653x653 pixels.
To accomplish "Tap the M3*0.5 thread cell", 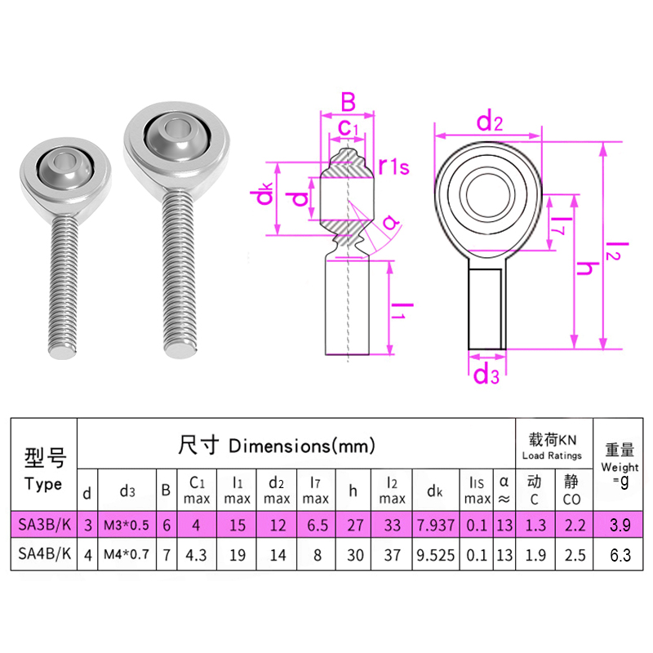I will pos(127,525).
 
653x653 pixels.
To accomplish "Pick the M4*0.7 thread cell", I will pos(127,555).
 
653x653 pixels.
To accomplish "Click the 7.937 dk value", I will pos(434,525).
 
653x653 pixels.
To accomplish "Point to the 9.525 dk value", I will pos(434,555).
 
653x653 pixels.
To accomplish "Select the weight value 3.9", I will pos(619,525).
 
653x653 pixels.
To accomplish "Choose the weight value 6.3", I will pos(619,555).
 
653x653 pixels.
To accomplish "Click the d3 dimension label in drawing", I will pos(486,375).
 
